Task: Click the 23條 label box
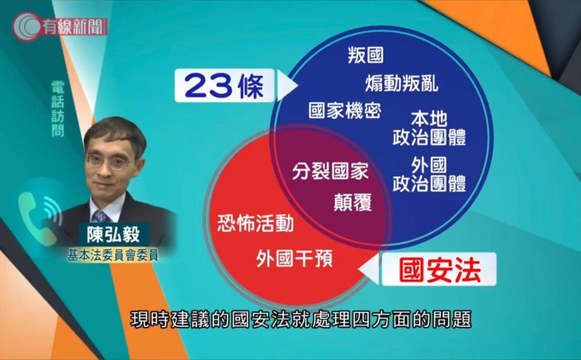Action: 224,86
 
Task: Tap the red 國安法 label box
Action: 439,269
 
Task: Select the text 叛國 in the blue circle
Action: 366,55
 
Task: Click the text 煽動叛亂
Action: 402,83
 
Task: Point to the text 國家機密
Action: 345,110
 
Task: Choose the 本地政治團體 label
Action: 429,128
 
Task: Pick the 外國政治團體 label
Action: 429,174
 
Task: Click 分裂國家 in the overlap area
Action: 330,171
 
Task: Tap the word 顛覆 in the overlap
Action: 352,202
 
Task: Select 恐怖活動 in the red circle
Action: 256,223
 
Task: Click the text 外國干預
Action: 294,258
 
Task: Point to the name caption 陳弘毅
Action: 113,234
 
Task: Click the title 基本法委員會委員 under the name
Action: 112,255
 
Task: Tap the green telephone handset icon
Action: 34,218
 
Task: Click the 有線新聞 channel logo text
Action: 74,26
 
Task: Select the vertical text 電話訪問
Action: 58,109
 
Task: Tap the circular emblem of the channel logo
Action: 26,26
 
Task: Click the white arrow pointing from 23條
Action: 287,86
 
